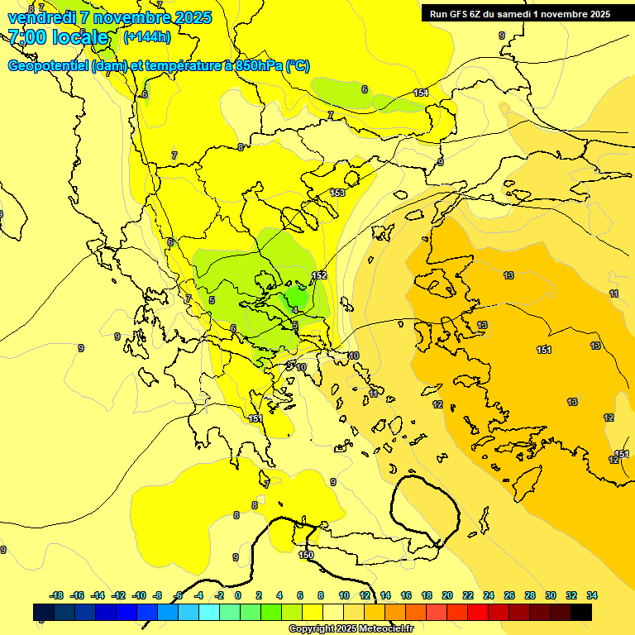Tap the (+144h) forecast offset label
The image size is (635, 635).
pyautogui.click(x=147, y=36)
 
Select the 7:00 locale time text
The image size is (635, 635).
pyautogui.click(x=58, y=37)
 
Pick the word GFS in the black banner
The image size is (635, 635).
pyautogui.click(x=461, y=14)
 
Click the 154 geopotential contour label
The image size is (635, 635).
pyautogui.click(x=422, y=93)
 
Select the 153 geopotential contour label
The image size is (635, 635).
pyautogui.click(x=337, y=193)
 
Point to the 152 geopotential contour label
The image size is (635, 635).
pyautogui.click(x=319, y=275)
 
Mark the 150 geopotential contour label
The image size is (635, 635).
pyautogui.click(x=306, y=556)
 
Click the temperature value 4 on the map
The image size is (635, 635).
pyautogui.click(x=295, y=311)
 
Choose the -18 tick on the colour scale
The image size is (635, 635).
pyautogui.click(x=57, y=595)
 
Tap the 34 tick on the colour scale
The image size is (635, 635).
pyautogui.click(x=592, y=595)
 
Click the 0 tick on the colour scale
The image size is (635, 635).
pyautogui.click(x=238, y=595)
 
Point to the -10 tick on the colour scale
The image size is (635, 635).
pyautogui.click(x=139, y=595)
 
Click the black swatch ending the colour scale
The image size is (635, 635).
pyautogui.click(x=581, y=613)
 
